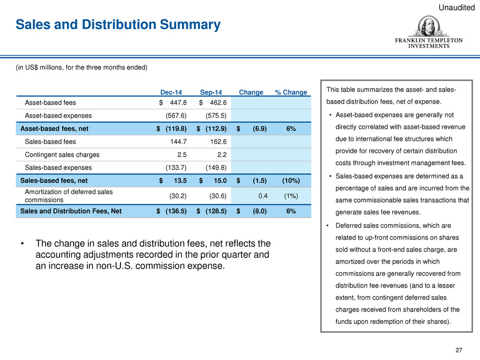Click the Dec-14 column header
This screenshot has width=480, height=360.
(171, 92)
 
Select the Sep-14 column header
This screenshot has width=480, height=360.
(211, 92)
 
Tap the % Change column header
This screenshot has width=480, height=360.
(291, 92)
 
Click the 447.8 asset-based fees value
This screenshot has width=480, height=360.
(178, 103)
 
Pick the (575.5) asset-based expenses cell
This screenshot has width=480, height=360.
(216, 116)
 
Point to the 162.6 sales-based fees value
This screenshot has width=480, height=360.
(218, 142)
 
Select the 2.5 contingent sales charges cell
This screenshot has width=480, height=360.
(182, 155)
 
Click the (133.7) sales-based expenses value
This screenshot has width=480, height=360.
(176, 168)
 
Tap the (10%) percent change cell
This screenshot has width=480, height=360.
(291, 181)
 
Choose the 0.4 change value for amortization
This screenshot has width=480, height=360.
(263, 196)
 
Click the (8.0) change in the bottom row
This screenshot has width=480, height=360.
(259, 211)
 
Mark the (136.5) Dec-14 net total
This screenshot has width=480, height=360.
(176, 211)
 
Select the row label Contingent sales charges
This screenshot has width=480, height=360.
(62, 155)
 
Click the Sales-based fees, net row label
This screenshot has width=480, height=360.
(54, 181)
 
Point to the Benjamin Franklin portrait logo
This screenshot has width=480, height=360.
(428, 27)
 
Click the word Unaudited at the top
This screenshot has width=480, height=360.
(457, 7)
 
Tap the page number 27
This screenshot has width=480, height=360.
(459, 350)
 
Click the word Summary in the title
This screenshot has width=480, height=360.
(190, 25)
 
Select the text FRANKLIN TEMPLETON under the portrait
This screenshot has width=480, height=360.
(428, 40)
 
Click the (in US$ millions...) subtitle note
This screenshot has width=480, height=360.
(82, 67)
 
